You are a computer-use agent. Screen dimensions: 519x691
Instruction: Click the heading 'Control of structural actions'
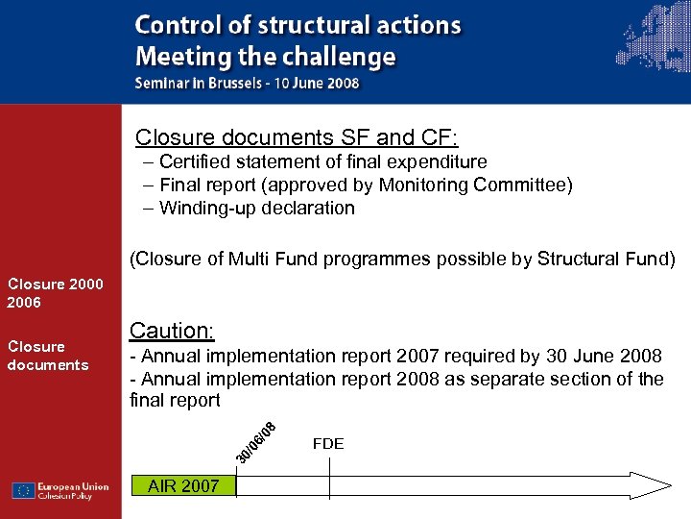click(x=298, y=26)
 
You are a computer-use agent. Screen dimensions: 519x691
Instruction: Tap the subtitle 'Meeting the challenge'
click(x=265, y=57)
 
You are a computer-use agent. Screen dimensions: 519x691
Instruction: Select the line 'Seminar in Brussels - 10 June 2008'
click(x=247, y=83)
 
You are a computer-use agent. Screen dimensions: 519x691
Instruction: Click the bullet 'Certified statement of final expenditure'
click(x=322, y=161)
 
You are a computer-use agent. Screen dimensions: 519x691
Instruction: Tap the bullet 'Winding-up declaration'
click(x=256, y=208)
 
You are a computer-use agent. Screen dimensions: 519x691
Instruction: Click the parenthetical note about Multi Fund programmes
click(x=402, y=259)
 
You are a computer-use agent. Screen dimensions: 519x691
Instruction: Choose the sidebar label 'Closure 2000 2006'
click(x=55, y=293)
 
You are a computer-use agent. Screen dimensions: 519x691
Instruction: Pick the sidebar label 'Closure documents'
click(x=48, y=356)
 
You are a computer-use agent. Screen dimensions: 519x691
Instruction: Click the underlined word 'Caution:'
click(x=172, y=331)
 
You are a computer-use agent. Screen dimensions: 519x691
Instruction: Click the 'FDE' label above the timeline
click(x=328, y=444)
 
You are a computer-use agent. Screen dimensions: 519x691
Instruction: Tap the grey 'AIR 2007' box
click(x=182, y=486)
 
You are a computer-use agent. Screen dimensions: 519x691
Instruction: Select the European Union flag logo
click(x=24, y=490)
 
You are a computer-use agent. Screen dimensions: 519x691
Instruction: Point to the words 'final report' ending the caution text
click(x=175, y=400)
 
